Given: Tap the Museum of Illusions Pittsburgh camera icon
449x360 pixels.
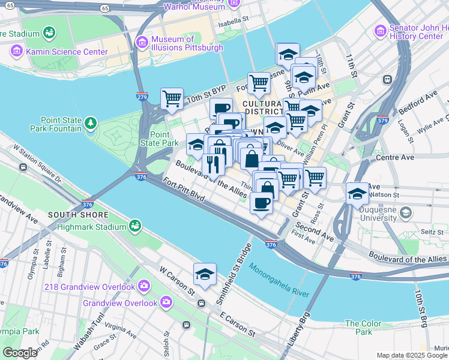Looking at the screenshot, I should click(142, 42).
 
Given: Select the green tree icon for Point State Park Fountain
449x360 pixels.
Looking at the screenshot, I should click(90, 123).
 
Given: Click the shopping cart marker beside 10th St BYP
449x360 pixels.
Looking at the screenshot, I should click(172, 98).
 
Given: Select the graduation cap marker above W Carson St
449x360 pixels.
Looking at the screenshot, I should click(205, 275).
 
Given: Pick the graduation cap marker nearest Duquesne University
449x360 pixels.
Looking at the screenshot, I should click(357, 194).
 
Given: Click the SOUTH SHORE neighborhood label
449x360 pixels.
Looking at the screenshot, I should click(78, 215).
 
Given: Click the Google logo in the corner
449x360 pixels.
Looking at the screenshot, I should click(20, 353).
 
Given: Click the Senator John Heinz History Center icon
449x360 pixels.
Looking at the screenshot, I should click(379, 30).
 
